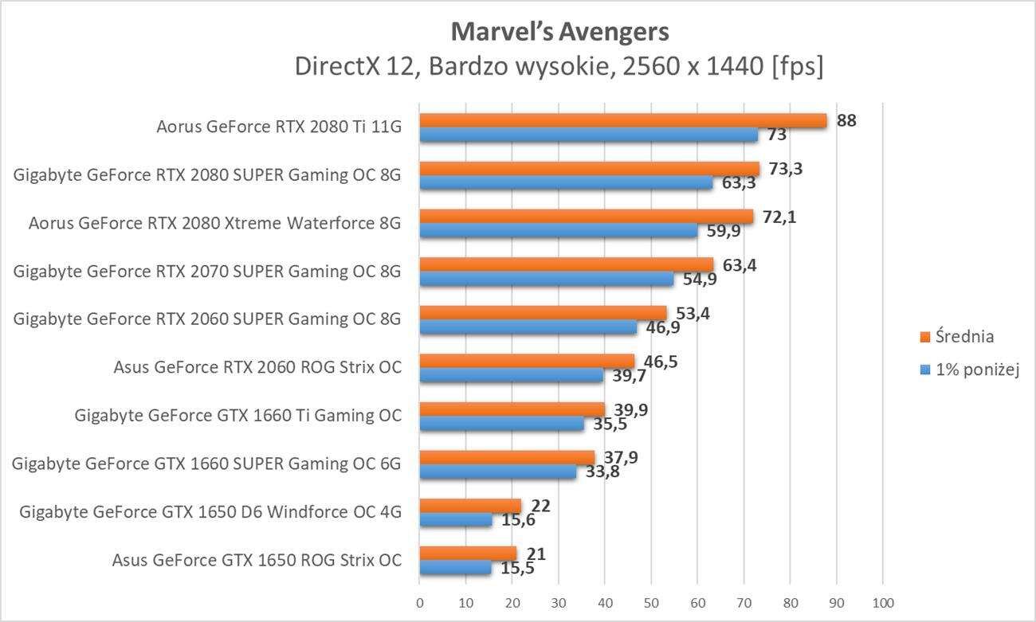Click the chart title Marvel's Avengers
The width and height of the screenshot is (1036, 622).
[559, 32]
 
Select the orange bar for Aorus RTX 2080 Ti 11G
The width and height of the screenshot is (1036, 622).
[622, 120]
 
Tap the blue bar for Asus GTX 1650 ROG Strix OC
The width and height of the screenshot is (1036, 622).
[455, 568]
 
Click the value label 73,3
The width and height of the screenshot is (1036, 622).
[780, 168]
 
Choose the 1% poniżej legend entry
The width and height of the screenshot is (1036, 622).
[969, 370]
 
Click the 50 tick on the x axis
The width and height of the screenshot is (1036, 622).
[651, 601]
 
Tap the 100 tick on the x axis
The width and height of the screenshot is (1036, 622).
[883, 601]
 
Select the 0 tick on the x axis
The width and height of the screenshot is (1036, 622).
[420, 601]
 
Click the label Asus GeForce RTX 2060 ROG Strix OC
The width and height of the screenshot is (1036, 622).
[257, 367]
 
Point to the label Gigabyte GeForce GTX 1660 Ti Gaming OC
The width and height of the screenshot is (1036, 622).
[237, 415]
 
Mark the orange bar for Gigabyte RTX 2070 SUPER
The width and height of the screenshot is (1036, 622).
[566, 264]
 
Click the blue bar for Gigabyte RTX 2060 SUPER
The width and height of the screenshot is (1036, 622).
[528, 327]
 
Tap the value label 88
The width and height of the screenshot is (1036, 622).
[847, 120]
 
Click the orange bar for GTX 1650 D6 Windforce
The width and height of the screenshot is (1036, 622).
[470, 505]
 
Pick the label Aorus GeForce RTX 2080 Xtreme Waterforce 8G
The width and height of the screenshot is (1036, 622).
[214, 224]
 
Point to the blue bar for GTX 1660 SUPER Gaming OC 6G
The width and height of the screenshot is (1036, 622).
[497, 472]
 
